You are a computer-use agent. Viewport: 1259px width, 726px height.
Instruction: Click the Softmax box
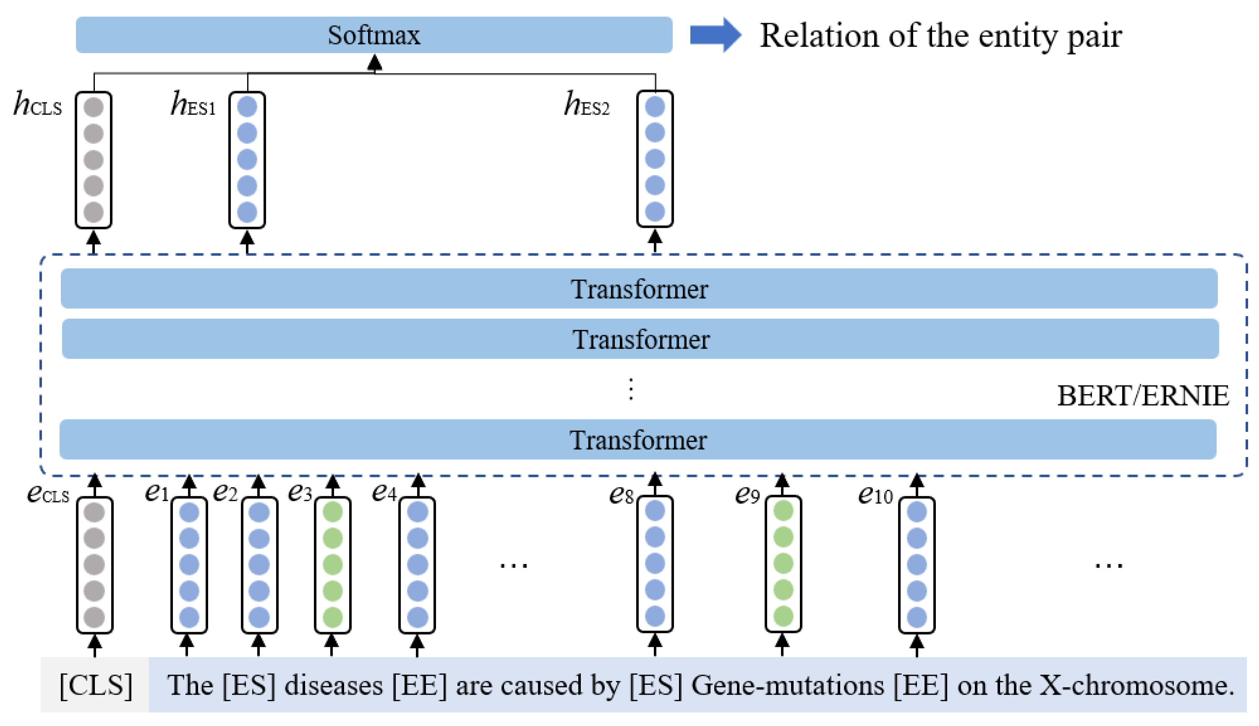(x=374, y=35)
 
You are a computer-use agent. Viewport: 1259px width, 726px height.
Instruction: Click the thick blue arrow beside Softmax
(x=715, y=35)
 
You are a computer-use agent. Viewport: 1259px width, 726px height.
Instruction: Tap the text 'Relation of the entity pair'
(x=940, y=36)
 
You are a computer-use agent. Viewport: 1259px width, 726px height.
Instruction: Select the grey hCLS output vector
(x=93, y=159)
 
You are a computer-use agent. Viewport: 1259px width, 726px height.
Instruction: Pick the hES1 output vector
(x=247, y=159)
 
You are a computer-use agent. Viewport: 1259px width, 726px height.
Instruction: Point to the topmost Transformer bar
(x=638, y=289)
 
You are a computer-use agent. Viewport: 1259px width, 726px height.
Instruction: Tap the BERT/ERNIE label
(x=1142, y=396)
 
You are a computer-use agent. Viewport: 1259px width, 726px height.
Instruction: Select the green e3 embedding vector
(x=332, y=565)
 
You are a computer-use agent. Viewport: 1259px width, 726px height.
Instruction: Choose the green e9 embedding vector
(x=783, y=563)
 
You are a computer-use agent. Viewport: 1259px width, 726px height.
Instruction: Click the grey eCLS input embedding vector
(x=94, y=565)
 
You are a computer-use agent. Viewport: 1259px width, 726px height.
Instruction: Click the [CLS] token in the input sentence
(x=96, y=686)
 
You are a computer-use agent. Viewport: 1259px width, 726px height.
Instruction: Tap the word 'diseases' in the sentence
(x=333, y=686)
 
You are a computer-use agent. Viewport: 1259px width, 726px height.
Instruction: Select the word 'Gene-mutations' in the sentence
(x=787, y=686)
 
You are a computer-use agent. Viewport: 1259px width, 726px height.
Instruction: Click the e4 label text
(x=384, y=493)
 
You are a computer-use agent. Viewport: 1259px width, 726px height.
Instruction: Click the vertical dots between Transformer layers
(x=631, y=389)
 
